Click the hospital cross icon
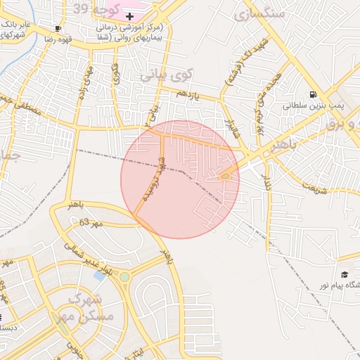129,15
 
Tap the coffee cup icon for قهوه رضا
58,29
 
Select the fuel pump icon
312,95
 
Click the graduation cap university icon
345,274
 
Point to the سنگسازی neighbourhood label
261,13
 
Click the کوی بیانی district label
165,75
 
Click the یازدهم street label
188,94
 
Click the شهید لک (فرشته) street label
240,68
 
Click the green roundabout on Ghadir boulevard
124,277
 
